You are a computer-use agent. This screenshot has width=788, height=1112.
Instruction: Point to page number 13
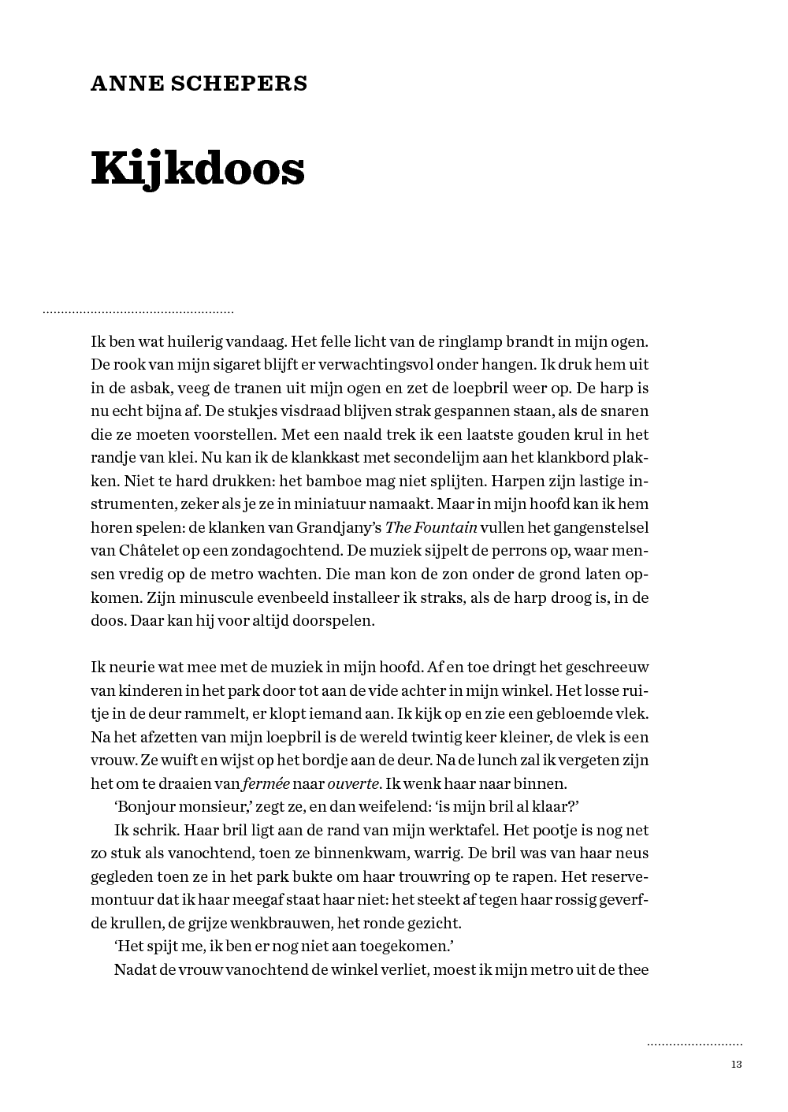point(737,1065)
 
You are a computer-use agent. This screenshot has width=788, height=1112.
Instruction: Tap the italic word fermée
point(266,783)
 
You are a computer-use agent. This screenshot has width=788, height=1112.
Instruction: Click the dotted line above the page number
point(694,1045)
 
